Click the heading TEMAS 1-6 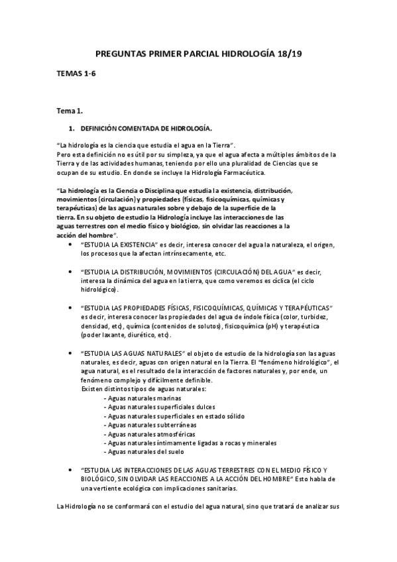[77, 76]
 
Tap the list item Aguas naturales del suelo [139, 452]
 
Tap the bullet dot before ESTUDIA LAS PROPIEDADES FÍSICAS [72, 308]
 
